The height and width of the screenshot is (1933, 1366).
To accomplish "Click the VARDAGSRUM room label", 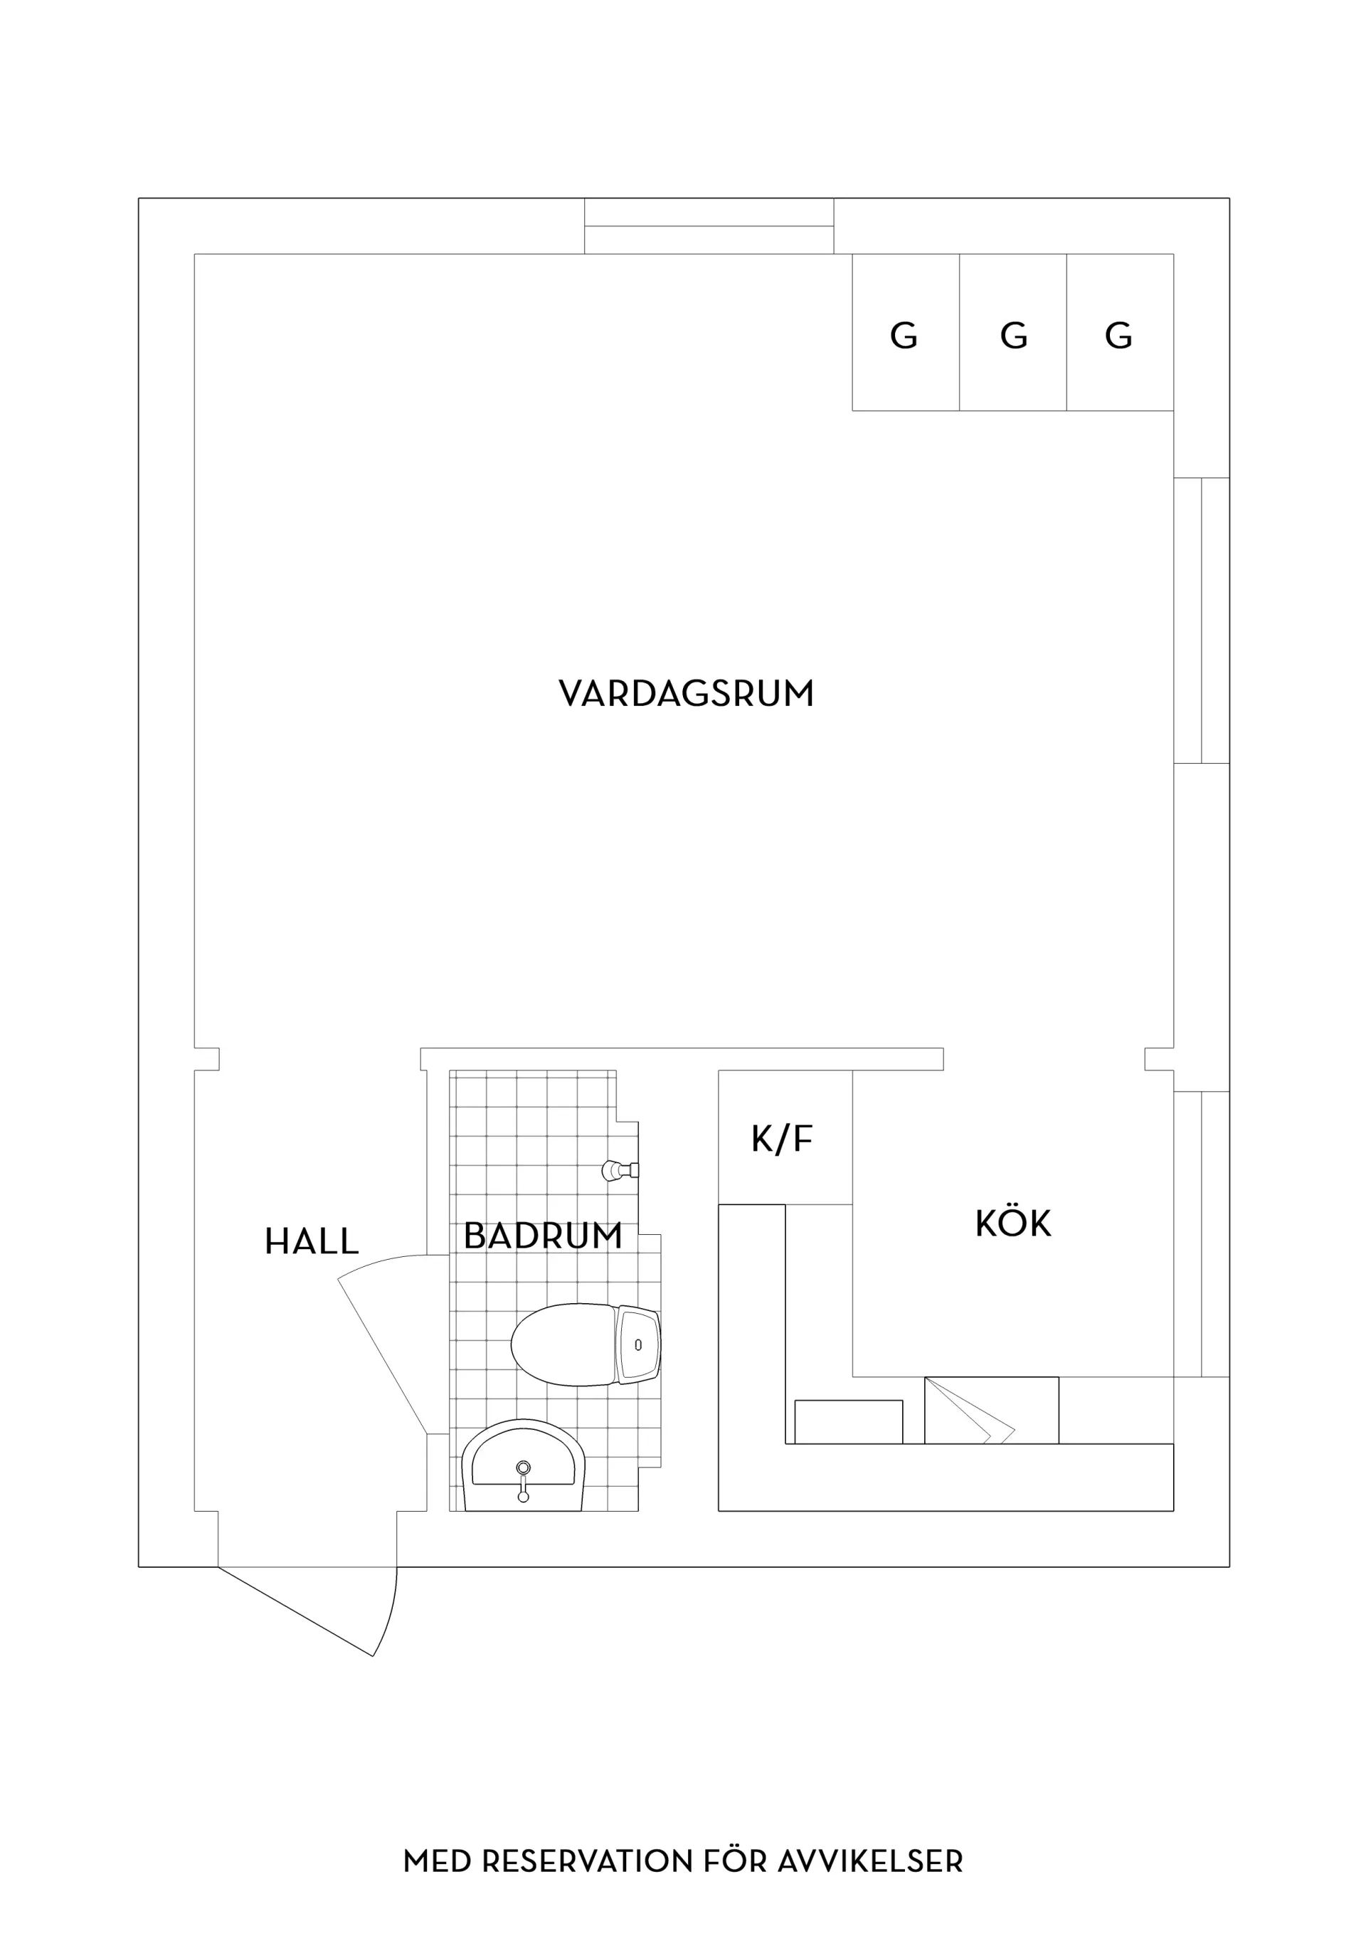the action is pyautogui.click(x=686, y=694).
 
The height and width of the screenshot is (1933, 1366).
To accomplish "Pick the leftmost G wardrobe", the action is pyautogui.click(x=906, y=332).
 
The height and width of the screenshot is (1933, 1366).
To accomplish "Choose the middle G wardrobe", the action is pyautogui.click(x=1013, y=332).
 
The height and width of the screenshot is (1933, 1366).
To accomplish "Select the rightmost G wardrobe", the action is pyautogui.click(x=1121, y=332).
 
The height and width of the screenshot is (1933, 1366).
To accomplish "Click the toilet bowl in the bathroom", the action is pyautogui.click(x=562, y=1344).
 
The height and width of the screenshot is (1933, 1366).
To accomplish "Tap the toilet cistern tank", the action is pyautogui.click(x=638, y=1344).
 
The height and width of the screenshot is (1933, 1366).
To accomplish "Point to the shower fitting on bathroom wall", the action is pyautogui.click(x=620, y=1169).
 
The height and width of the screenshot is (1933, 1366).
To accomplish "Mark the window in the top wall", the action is pyautogui.click(x=709, y=226).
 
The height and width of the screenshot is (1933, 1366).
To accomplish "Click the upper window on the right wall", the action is pyautogui.click(x=1202, y=620).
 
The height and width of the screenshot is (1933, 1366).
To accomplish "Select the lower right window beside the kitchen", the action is pyautogui.click(x=1202, y=1233).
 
